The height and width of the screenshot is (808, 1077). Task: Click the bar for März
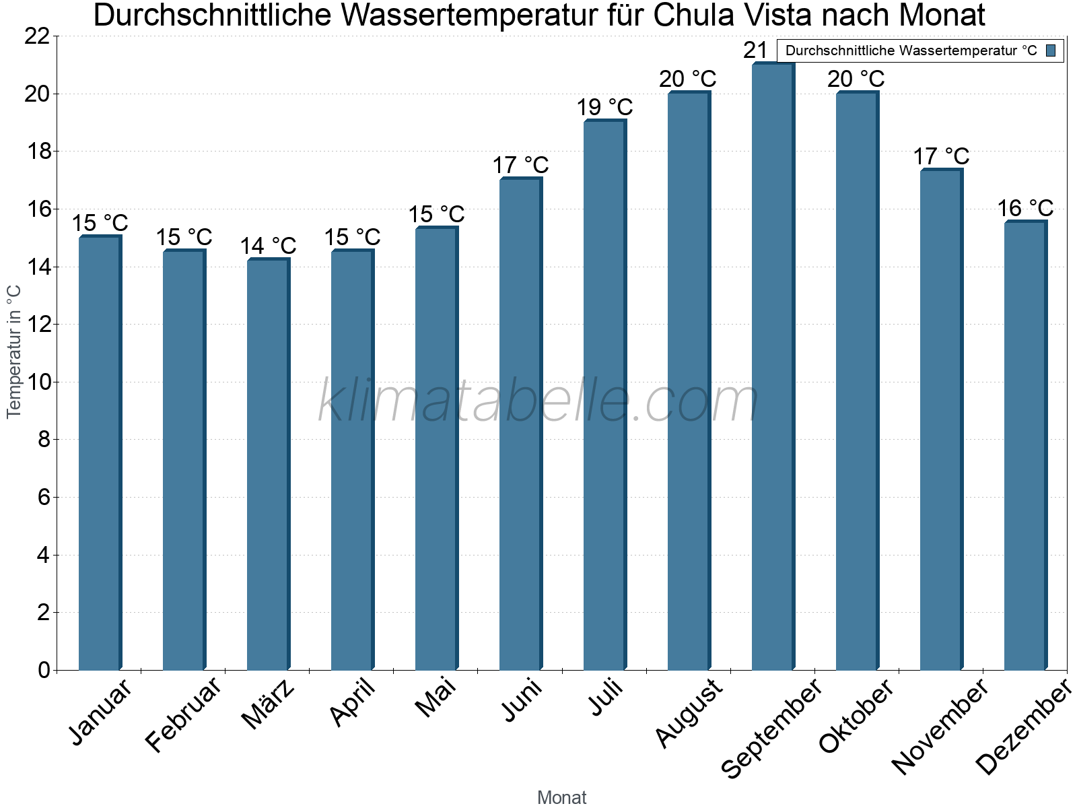(268, 465)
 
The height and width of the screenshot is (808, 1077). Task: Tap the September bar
(773, 367)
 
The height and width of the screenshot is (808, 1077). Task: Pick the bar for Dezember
(1025, 446)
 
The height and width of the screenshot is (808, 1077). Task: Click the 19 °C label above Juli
(604, 107)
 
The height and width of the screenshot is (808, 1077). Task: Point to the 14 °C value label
(268, 246)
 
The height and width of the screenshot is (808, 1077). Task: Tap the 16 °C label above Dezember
(1025, 208)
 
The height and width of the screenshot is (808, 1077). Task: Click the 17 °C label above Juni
(520, 165)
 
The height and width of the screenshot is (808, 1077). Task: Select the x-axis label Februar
(183, 714)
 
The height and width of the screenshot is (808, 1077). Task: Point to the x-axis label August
(688, 712)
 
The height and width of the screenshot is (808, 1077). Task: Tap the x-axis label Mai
(435, 697)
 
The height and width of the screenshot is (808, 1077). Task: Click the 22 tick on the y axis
(37, 36)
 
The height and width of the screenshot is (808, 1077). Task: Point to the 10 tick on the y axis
(37, 382)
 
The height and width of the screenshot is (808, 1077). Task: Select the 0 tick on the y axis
(44, 670)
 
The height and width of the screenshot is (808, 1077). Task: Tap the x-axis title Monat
(561, 798)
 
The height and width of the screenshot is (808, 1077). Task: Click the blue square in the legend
(1051, 50)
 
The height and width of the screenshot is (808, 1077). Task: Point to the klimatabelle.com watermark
(538, 401)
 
